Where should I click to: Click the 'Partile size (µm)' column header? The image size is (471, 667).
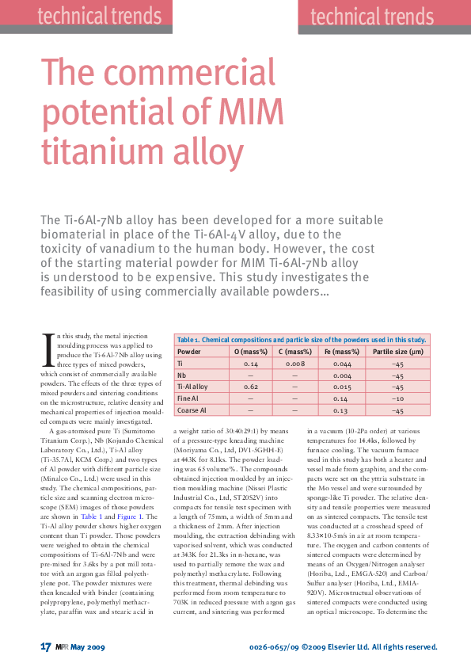click(398, 350)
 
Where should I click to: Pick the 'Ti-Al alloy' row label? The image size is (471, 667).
click(192, 387)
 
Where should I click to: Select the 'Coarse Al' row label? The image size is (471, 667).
click(192, 411)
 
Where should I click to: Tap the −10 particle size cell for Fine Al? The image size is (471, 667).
click(398, 399)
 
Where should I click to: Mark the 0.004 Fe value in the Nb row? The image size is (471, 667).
click(342, 375)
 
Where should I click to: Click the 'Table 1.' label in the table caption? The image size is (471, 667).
click(189, 339)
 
